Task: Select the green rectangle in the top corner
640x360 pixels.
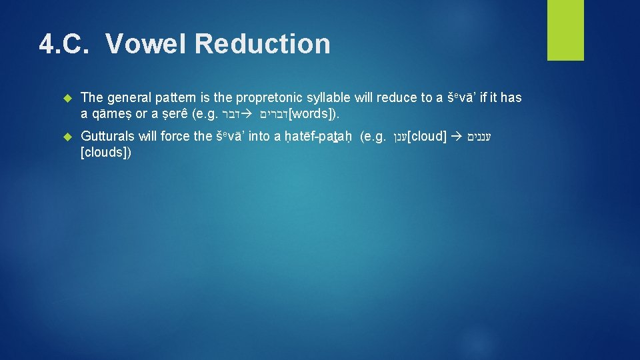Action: (565, 30)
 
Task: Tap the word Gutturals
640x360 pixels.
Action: (109, 137)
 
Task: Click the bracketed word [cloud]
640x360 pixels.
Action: (427, 137)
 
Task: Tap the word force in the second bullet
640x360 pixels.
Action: (175, 137)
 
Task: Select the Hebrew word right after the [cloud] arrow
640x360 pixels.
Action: (481, 137)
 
